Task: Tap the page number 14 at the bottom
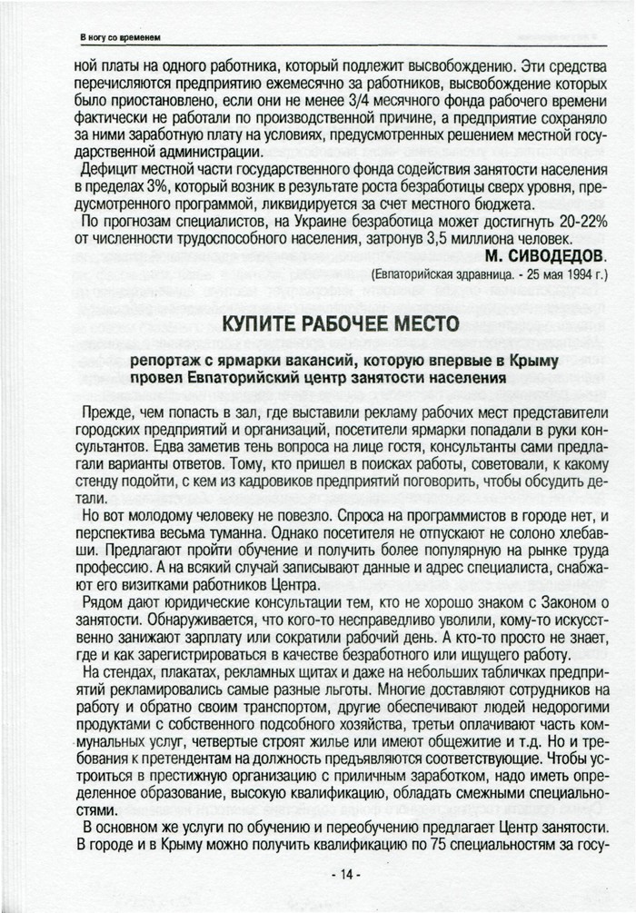click(x=343, y=874)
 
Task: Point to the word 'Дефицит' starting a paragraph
click(x=110, y=169)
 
